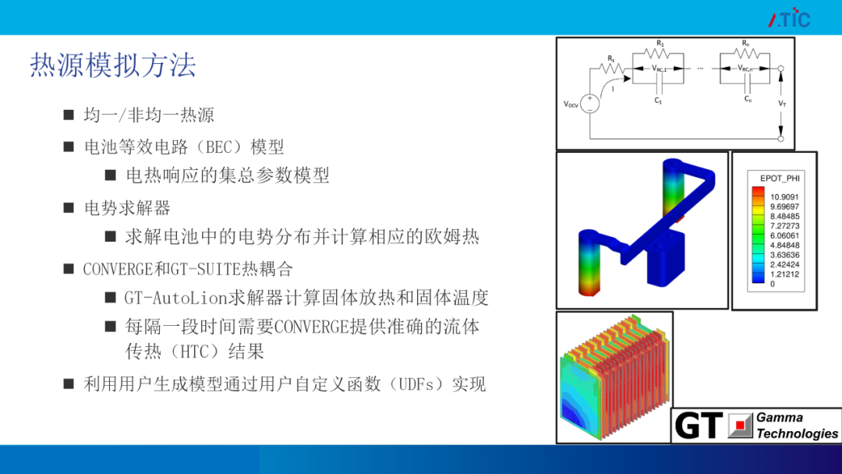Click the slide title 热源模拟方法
click(x=113, y=65)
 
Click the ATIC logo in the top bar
click(x=789, y=18)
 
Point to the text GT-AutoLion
click(x=176, y=297)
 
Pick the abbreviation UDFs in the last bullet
click(x=417, y=384)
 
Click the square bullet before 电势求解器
click(x=68, y=207)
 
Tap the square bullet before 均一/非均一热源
click(x=68, y=115)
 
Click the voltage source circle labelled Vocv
click(x=589, y=103)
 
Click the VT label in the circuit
click(x=782, y=103)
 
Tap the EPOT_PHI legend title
click(x=780, y=179)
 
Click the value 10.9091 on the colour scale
click(x=784, y=197)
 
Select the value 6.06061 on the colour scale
click(x=784, y=235)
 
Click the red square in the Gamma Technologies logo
click(x=740, y=425)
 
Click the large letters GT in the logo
click(x=698, y=426)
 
